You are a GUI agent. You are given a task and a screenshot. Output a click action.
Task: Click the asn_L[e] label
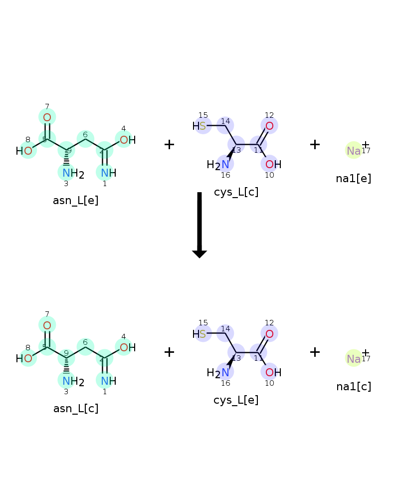(76, 201)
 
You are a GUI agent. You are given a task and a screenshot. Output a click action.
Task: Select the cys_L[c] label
(236, 192)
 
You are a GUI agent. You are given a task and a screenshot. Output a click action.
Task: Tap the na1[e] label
(354, 179)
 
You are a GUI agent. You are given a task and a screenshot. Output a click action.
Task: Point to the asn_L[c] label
(76, 408)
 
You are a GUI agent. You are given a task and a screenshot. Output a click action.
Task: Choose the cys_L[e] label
(236, 400)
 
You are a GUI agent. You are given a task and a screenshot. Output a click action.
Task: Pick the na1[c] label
(354, 387)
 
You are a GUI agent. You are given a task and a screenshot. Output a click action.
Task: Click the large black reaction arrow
(199, 225)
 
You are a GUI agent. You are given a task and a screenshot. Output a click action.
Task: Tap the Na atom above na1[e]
(354, 151)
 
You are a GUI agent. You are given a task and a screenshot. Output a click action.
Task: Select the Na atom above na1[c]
(354, 359)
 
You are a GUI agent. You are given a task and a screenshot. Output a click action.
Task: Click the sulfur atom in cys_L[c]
(202, 126)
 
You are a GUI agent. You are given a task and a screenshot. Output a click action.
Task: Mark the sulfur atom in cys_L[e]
(202, 334)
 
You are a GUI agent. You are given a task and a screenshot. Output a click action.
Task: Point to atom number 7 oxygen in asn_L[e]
(47, 117)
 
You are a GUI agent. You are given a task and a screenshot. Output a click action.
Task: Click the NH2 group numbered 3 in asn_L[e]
(73, 174)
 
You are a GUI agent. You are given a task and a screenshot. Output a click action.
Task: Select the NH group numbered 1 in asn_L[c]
(109, 381)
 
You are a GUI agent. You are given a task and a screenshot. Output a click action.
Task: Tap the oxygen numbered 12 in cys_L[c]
(269, 126)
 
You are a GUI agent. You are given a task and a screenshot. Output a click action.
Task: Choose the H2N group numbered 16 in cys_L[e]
(218, 373)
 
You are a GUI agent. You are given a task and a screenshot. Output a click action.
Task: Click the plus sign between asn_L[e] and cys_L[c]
(169, 145)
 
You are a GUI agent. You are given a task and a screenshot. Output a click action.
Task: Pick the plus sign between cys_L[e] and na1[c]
(315, 352)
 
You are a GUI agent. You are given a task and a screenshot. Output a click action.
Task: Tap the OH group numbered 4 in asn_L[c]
(128, 347)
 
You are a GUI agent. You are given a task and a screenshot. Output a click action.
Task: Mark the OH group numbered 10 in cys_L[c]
(273, 164)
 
